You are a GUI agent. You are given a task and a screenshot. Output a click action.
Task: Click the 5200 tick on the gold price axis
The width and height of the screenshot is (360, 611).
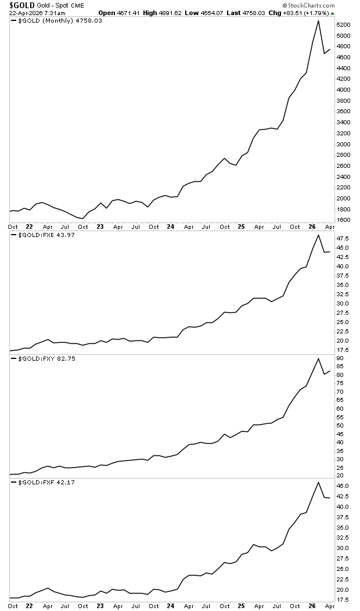(x=344, y=25)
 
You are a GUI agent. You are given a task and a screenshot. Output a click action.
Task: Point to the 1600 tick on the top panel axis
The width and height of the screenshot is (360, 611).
(x=344, y=220)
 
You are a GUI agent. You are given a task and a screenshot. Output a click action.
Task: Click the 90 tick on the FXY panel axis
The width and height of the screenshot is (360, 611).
(x=340, y=358)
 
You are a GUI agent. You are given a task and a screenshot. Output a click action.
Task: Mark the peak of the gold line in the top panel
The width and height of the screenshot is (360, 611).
(x=318, y=20)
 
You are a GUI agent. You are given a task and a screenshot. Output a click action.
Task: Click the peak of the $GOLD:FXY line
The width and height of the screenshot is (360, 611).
(x=318, y=358)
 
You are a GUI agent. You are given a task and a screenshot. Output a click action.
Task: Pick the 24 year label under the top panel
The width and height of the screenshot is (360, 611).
(x=171, y=227)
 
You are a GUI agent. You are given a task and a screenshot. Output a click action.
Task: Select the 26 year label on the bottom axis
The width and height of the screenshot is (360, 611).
(x=312, y=606)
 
